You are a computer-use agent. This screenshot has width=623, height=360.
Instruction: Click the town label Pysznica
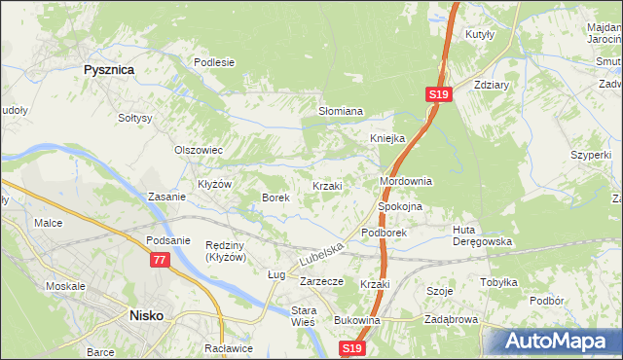(x=108, y=70)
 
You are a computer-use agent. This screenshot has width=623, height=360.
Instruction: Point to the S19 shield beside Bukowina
(x=353, y=347)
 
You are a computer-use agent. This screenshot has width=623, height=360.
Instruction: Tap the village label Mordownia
(x=405, y=182)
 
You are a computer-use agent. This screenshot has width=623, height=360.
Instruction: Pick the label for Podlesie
(x=214, y=62)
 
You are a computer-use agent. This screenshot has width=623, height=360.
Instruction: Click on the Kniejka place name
(x=386, y=138)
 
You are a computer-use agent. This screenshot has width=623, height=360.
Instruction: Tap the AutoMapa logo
(x=553, y=341)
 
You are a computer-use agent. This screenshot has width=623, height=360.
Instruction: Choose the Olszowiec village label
(x=199, y=151)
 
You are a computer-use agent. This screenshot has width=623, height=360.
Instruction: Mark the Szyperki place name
(x=591, y=155)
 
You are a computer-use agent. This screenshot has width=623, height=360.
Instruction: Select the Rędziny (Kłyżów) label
(x=230, y=251)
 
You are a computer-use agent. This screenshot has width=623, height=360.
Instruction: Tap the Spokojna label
(x=399, y=207)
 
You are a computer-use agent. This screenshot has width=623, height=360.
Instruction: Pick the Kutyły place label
(x=481, y=34)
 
